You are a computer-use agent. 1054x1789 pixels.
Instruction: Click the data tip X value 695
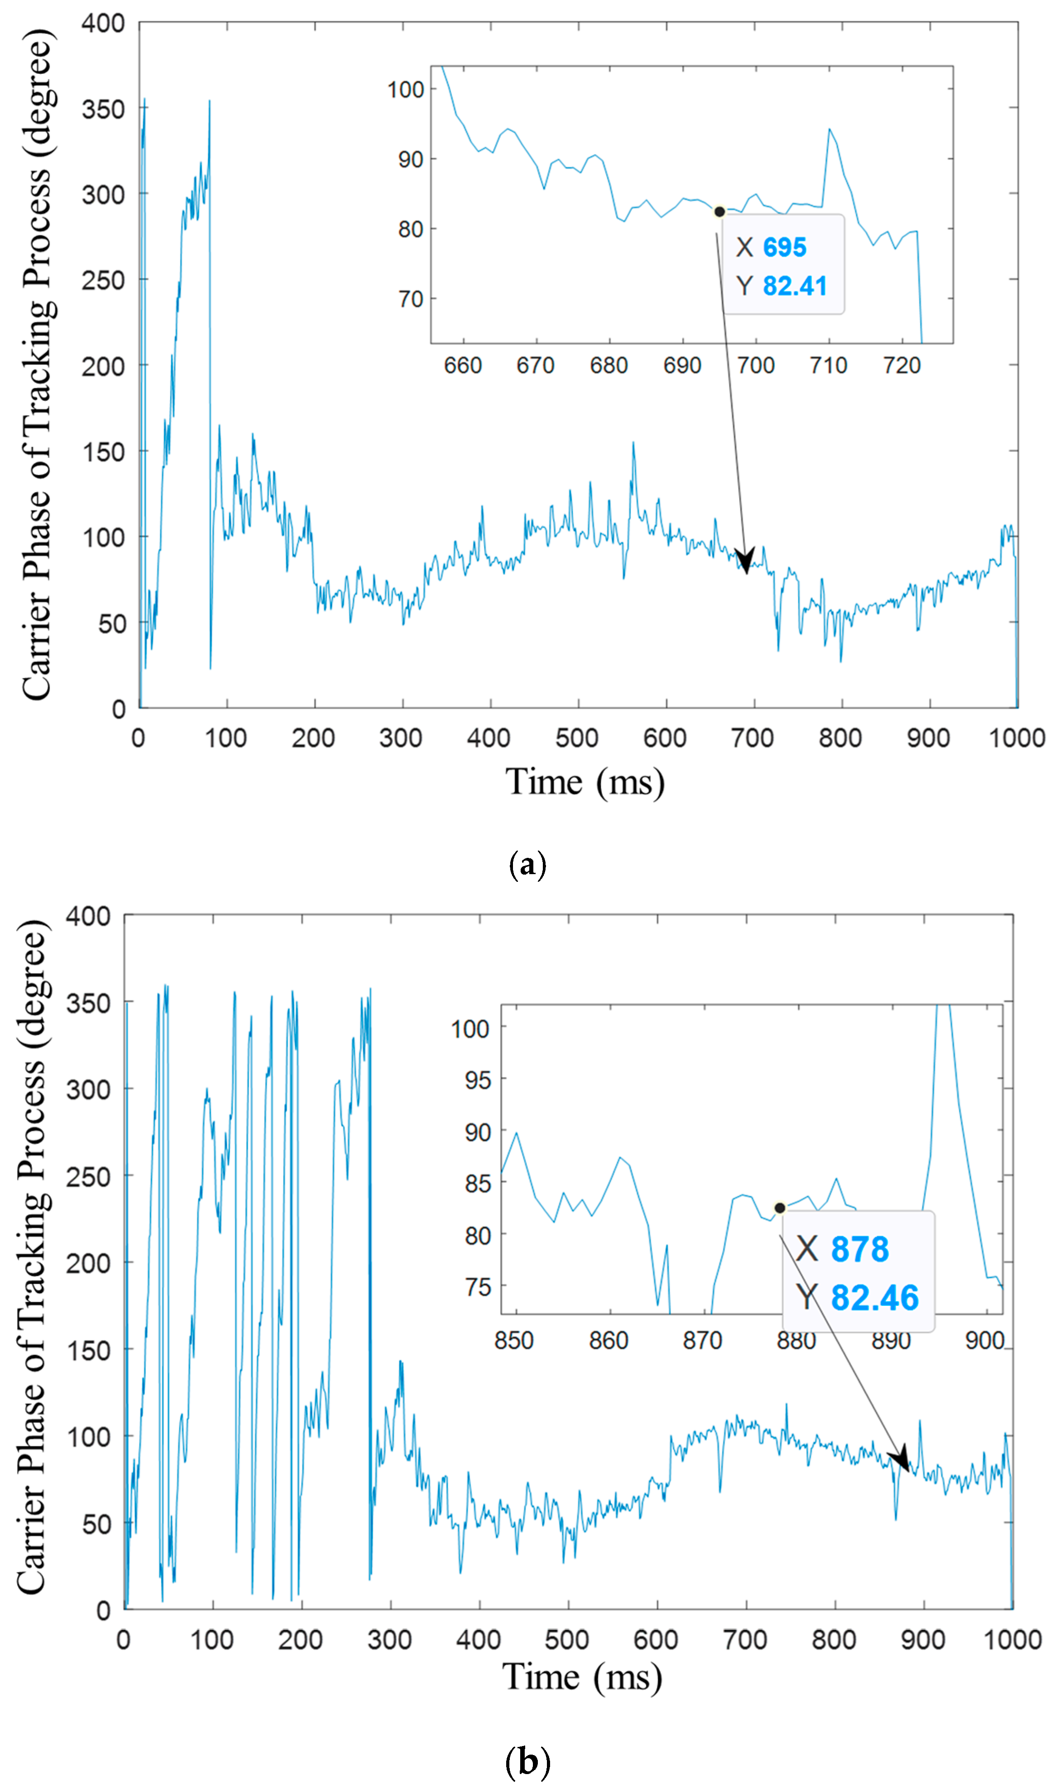coord(784,247)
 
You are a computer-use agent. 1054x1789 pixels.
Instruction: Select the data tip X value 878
coord(859,1249)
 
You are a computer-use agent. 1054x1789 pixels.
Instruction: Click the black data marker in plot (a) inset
coord(719,212)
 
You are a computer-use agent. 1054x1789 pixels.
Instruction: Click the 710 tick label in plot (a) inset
coord(828,366)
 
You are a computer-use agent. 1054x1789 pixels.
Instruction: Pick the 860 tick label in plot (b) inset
coord(609,1341)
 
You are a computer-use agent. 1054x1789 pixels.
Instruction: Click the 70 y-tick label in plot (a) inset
coord(411,299)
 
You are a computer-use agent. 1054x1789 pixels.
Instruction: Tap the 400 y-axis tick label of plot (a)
coord(103,24)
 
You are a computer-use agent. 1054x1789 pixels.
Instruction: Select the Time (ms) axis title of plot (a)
coord(585,782)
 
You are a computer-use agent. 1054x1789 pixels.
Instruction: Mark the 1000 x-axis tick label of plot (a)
coord(1016,738)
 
